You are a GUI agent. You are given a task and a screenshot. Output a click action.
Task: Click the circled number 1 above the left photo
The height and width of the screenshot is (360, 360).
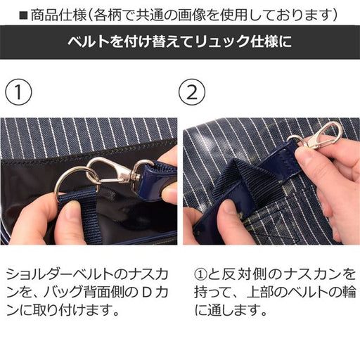(18, 92)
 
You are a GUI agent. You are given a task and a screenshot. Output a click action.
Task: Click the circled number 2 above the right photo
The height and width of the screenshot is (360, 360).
(192, 92)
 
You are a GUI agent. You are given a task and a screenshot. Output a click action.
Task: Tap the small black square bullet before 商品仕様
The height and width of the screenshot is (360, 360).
(24, 16)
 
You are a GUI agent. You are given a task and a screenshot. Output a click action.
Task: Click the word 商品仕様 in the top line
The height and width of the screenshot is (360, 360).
(58, 15)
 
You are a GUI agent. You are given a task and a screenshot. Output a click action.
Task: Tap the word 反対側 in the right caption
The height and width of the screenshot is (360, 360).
(245, 275)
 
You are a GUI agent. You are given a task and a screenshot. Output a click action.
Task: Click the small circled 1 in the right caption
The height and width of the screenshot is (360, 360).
(201, 275)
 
